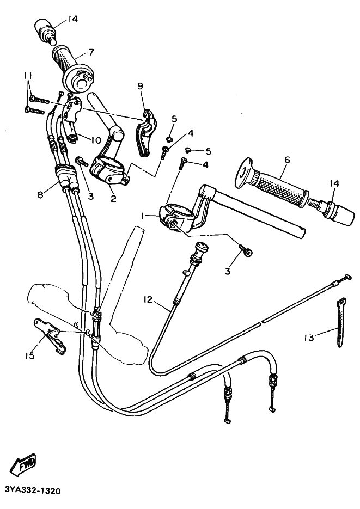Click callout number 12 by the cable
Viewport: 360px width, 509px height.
(149, 299)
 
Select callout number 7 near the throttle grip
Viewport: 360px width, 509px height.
(90, 53)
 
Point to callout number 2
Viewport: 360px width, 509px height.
(113, 199)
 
